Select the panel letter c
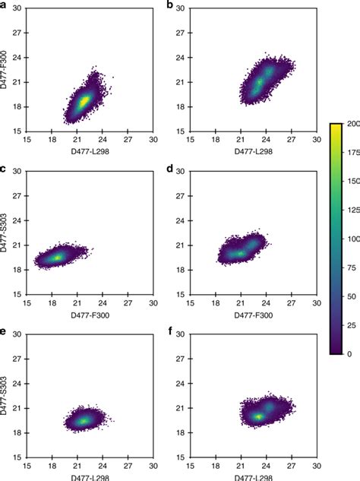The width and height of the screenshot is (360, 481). click(5, 169)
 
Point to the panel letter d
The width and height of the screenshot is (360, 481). click(170, 169)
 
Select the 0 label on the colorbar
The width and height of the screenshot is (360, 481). click(343, 354)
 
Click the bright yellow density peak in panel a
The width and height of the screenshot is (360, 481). click(85, 100)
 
